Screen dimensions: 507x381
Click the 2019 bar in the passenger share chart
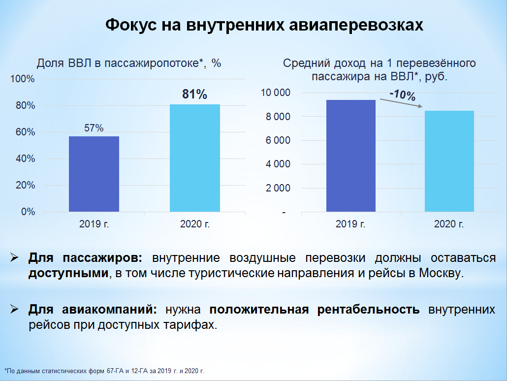[x=94, y=174]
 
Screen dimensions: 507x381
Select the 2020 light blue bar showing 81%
[x=195, y=158]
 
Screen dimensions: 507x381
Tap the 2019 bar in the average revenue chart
[x=351, y=156]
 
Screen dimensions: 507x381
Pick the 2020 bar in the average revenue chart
[x=449, y=161]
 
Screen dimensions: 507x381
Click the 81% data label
[x=194, y=94]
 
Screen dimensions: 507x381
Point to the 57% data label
[x=94, y=128]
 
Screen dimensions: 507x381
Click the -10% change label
[x=403, y=95]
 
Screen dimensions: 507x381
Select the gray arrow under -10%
[x=401, y=103]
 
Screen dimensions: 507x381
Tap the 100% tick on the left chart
[x=22, y=79]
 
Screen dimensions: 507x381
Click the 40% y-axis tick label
[x=25, y=159]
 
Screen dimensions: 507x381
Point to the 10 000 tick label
[x=276, y=93]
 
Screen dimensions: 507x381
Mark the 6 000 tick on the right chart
[x=278, y=140]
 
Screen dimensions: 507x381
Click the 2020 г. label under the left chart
[x=195, y=224]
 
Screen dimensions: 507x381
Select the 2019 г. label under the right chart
[x=350, y=224]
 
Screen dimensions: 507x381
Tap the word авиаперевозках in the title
[x=356, y=25]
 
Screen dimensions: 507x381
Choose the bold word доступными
[x=68, y=273]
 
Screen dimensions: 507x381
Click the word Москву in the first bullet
[x=441, y=273]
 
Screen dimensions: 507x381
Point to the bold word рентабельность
[x=368, y=310]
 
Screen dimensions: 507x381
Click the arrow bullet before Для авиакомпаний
[x=15, y=309]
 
